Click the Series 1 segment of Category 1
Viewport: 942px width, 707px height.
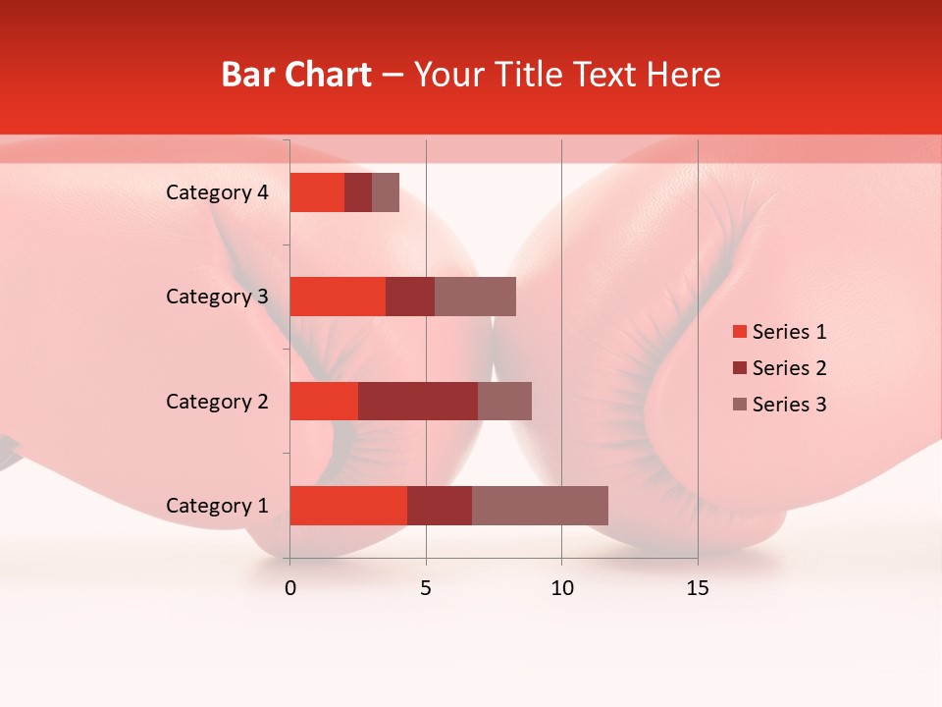(x=348, y=506)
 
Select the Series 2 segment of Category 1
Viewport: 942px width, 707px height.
(x=440, y=506)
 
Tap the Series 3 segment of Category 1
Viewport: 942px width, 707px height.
(x=540, y=506)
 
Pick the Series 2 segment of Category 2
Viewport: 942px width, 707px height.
(x=418, y=401)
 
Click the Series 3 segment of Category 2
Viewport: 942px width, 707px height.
(x=504, y=401)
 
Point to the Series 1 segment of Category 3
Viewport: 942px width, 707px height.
(x=338, y=297)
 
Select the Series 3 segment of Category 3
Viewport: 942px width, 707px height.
(x=475, y=297)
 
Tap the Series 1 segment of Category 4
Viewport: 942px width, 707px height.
(x=317, y=192)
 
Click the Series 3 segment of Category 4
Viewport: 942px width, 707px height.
(x=386, y=192)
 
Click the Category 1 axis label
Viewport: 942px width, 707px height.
(x=216, y=506)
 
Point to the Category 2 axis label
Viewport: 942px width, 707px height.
(x=216, y=401)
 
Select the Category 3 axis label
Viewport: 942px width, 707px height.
(x=216, y=297)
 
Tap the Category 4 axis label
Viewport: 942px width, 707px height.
(x=216, y=192)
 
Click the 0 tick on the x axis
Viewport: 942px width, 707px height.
(x=290, y=588)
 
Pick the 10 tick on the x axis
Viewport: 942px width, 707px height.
(x=561, y=588)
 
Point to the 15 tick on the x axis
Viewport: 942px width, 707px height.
(x=698, y=588)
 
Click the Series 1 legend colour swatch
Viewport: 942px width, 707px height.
(x=739, y=332)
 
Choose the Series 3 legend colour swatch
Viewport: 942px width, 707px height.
(x=739, y=405)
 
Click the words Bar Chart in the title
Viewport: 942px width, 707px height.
(x=296, y=75)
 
